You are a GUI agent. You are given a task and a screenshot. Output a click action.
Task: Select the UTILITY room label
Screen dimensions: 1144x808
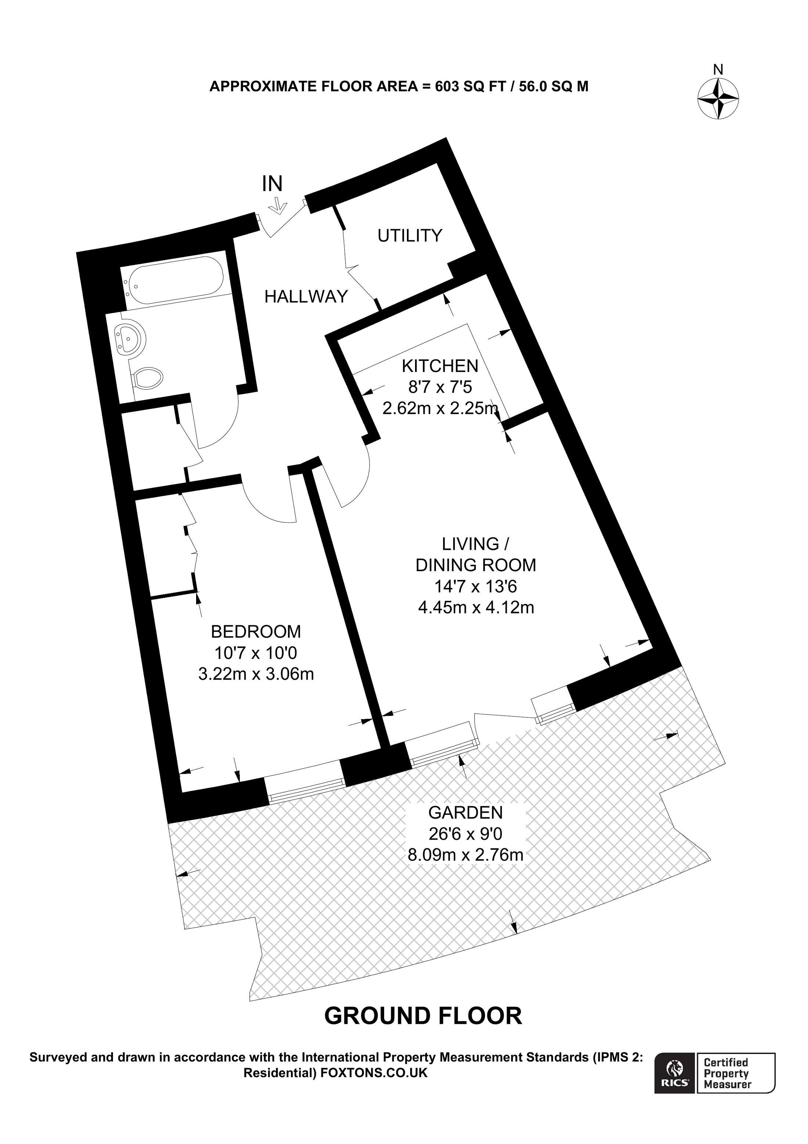point(410,235)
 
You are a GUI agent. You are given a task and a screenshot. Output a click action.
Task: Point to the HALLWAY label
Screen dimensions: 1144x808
point(306,297)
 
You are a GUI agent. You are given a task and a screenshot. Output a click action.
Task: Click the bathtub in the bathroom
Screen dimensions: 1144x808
point(174,280)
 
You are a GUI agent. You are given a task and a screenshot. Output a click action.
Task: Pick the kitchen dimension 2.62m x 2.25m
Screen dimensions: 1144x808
point(440,409)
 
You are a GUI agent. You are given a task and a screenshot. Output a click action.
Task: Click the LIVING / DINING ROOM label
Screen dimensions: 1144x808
point(476,554)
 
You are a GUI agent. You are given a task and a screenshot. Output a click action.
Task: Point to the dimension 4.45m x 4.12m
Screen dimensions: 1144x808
point(476,607)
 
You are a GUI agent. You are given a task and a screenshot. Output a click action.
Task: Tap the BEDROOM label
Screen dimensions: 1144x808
point(256,631)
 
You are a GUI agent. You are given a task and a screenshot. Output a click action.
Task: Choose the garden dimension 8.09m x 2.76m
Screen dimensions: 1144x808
point(465,855)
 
